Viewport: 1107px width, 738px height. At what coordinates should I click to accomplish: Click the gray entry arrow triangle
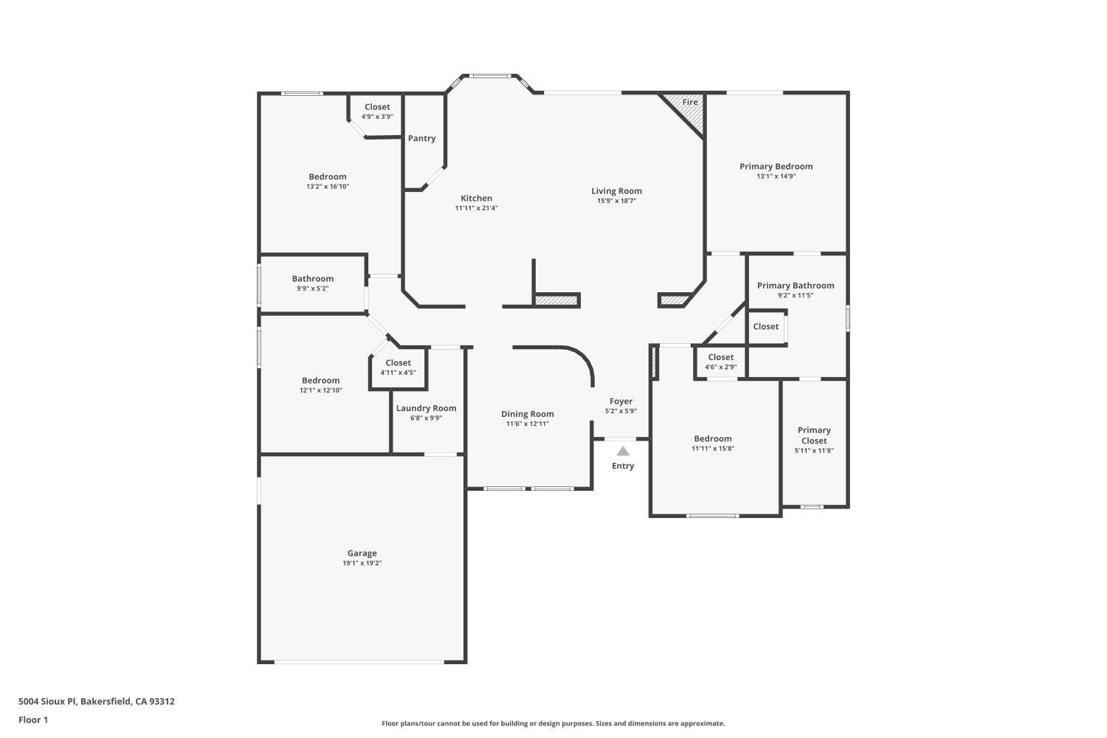pyautogui.click(x=623, y=452)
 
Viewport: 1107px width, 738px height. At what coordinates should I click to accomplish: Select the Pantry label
pyautogui.click(x=421, y=139)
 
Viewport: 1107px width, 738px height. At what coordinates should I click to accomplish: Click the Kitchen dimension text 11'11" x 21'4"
pyautogui.click(x=476, y=208)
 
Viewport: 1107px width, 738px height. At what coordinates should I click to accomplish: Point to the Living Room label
pyautogui.click(x=616, y=191)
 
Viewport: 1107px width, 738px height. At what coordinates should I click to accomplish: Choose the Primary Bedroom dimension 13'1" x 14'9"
pyautogui.click(x=776, y=176)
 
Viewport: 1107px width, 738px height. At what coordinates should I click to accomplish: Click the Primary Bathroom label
pyautogui.click(x=795, y=285)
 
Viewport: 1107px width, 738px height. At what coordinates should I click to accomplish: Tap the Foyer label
pyautogui.click(x=621, y=401)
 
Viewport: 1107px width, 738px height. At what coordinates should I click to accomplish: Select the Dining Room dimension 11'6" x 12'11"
pyautogui.click(x=528, y=424)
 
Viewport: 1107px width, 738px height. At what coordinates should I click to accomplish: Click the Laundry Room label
pyautogui.click(x=426, y=408)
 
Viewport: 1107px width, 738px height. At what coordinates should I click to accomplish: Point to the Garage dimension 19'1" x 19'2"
pyautogui.click(x=362, y=563)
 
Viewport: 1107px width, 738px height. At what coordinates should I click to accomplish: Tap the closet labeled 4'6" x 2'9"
pyautogui.click(x=720, y=362)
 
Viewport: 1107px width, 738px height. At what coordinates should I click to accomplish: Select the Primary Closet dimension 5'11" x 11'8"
pyautogui.click(x=814, y=450)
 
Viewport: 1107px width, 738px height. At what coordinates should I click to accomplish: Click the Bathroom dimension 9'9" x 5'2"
pyautogui.click(x=312, y=288)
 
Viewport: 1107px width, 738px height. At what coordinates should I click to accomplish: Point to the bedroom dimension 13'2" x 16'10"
pyautogui.click(x=327, y=187)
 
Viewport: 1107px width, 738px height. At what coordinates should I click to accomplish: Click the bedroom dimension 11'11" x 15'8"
pyautogui.click(x=713, y=449)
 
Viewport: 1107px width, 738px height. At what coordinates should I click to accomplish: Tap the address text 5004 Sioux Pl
pyautogui.click(x=47, y=701)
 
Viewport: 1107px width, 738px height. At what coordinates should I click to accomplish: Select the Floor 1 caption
pyautogui.click(x=33, y=720)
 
